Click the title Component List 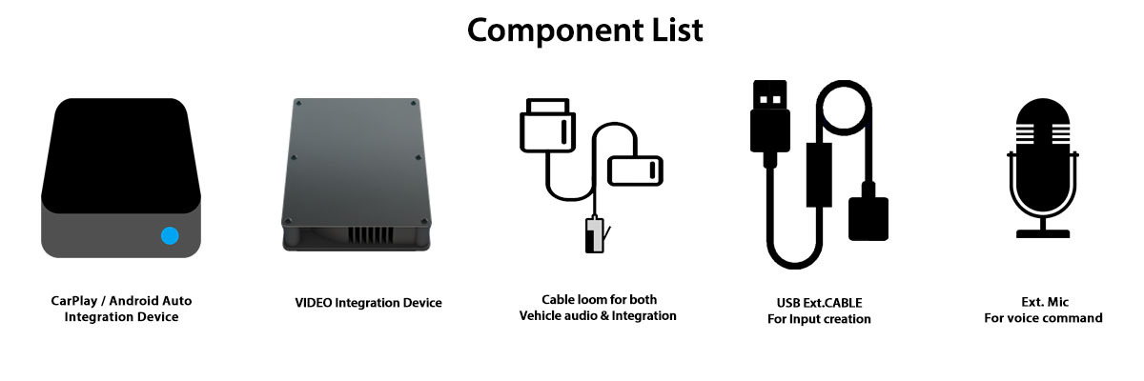tap(584, 30)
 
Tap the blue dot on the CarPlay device tap(170, 235)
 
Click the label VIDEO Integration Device tap(368, 303)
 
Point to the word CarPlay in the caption tap(74, 301)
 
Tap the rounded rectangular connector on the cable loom tap(635, 170)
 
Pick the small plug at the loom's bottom tap(594, 235)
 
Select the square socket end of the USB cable tap(868, 218)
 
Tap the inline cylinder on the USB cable tap(816, 171)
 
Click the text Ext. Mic tap(1043, 301)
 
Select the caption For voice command tap(1043, 318)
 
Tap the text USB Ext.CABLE tap(818, 303)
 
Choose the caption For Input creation tap(818, 319)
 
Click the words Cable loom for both tap(599, 299)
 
